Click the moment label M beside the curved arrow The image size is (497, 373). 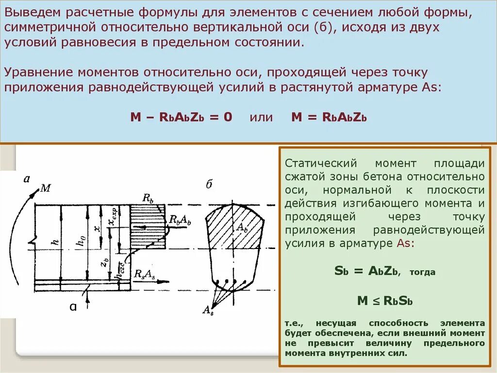click(45, 188)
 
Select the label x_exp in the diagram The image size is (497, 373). click(113, 217)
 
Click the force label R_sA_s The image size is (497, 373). click(145, 274)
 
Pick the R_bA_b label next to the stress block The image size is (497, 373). click(180, 220)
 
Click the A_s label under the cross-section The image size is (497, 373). click(208, 310)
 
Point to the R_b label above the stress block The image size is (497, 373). click(148, 197)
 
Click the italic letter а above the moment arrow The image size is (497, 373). click(27, 179)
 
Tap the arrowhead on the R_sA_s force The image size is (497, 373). click(167, 281)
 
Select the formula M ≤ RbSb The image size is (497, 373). click(385, 301)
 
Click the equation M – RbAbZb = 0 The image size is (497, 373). click(182, 117)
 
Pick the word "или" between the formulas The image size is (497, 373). click(261, 117)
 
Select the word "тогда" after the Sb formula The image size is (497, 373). click(422, 273)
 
